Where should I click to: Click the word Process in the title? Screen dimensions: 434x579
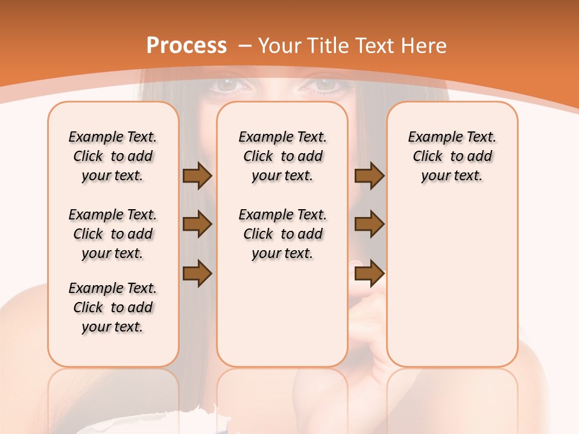[x=187, y=45]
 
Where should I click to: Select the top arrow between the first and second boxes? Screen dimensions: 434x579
[x=197, y=175]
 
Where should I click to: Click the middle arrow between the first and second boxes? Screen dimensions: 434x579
[x=197, y=224]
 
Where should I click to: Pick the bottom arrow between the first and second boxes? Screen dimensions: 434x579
[x=197, y=273]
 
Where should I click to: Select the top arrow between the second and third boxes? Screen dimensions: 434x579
[x=369, y=175]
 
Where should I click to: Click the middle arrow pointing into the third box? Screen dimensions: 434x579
[x=369, y=224]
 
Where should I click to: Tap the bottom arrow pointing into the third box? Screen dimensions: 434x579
[x=369, y=273]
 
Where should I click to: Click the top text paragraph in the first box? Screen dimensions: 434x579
[x=113, y=156]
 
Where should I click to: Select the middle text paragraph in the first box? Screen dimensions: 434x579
[x=113, y=234]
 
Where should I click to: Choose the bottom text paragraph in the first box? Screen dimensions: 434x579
[x=113, y=307]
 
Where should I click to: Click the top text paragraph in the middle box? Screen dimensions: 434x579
[x=282, y=156]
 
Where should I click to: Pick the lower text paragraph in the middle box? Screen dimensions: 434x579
[x=282, y=234]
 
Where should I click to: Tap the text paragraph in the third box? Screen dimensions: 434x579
[x=452, y=156]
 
